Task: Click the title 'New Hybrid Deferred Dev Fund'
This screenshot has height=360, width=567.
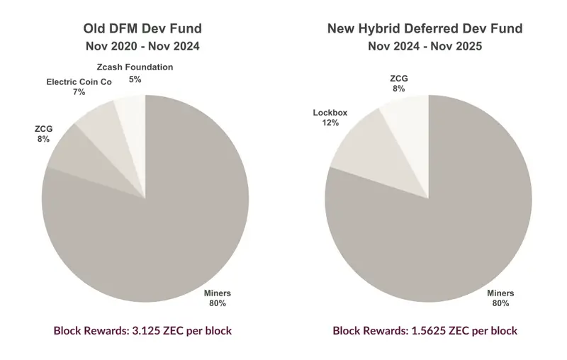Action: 425,29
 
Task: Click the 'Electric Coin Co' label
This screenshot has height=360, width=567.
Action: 79,82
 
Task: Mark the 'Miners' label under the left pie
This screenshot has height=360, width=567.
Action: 217,293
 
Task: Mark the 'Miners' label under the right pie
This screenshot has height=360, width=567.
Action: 500,293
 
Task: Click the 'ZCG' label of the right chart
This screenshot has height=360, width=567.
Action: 400,78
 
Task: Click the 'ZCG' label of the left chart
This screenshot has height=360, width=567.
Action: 43,129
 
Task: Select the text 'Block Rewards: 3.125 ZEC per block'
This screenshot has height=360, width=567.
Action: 142,330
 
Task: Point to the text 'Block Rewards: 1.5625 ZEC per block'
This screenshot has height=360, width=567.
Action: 425,330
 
